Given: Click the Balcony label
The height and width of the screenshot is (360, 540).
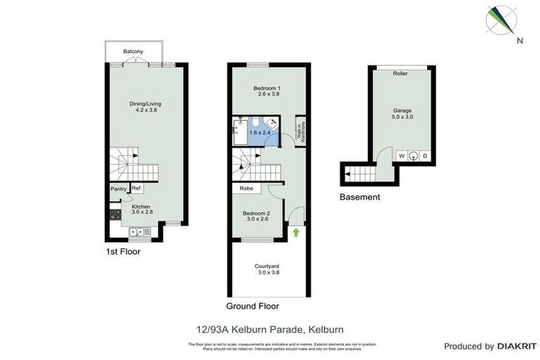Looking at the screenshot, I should (x=133, y=52).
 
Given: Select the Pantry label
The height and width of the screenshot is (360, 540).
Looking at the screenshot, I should (x=118, y=189).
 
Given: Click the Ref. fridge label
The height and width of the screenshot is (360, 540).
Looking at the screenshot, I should (x=137, y=188).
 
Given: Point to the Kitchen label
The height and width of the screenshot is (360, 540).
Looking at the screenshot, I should (x=141, y=207).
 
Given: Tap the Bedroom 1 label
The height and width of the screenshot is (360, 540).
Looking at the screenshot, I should (x=266, y=88).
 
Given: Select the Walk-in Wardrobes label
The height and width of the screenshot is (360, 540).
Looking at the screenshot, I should (x=300, y=131).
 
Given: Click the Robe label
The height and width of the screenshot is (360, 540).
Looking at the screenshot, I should (x=246, y=188).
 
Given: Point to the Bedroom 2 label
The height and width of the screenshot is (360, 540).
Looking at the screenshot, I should (x=256, y=214).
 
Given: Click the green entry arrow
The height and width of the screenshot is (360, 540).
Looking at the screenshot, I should (x=296, y=231).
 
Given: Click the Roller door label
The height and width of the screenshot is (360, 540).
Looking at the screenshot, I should (x=401, y=74).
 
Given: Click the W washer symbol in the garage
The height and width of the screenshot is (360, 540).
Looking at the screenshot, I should (x=401, y=156).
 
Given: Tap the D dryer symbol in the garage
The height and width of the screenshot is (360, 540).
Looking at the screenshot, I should (x=425, y=156).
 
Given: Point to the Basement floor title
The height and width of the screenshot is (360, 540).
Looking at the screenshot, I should (x=359, y=197).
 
